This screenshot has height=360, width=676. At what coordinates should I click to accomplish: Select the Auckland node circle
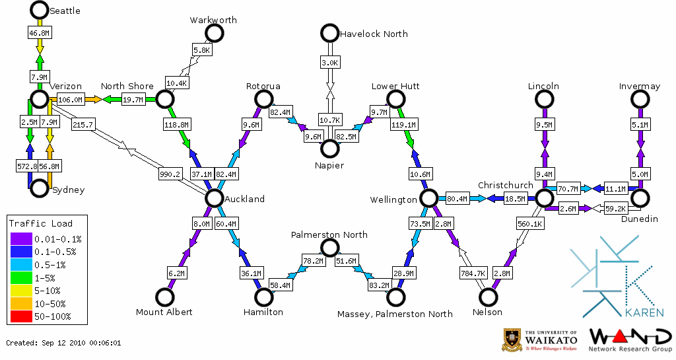point(214,198)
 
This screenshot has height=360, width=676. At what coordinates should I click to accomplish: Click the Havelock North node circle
point(329,32)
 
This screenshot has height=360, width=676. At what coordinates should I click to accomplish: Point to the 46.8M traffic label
point(39,32)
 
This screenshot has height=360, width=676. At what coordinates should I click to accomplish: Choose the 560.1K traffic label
point(530,224)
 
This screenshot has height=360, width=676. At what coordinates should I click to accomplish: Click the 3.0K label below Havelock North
point(329,62)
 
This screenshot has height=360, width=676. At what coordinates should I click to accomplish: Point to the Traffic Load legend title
point(41,223)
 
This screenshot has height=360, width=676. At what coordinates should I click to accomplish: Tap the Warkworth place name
point(213,20)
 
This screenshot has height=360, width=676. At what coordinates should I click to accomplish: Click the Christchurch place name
point(505,185)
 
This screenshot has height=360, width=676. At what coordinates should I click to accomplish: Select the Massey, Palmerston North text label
point(395,313)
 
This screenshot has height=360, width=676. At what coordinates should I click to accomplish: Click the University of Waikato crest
point(513,340)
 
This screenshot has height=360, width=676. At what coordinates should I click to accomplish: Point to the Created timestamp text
point(63,343)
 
